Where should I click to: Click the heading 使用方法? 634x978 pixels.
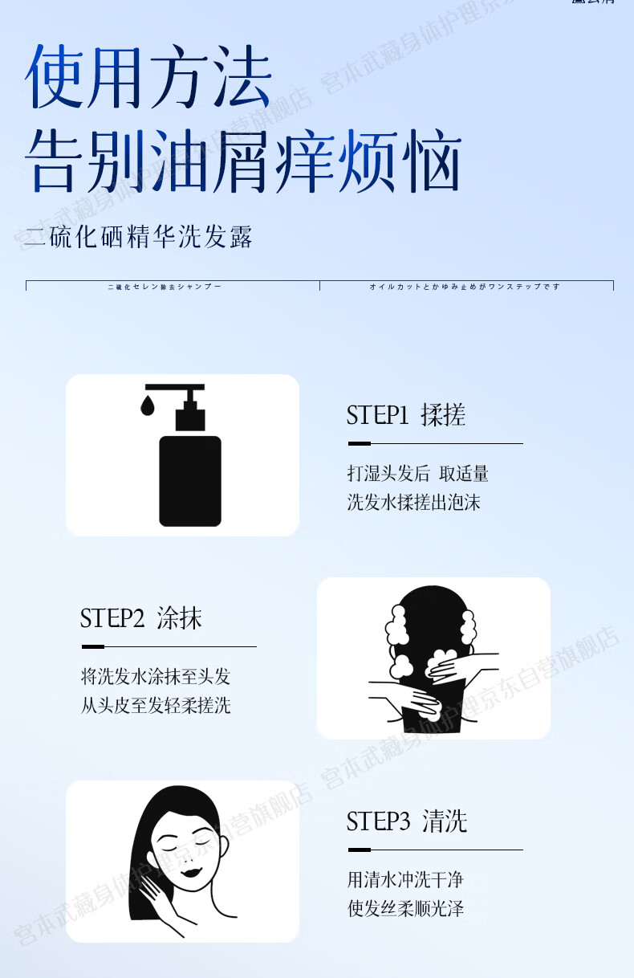tap(149, 78)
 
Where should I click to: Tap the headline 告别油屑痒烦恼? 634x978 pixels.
tap(242, 163)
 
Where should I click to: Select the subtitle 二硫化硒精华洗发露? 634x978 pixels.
tap(139, 237)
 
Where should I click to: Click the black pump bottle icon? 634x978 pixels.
tap(189, 479)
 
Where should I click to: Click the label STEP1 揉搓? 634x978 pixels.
tap(405, 415)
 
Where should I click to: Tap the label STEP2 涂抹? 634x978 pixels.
tap(140, 618)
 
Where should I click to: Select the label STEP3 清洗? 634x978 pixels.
tap(406, 821)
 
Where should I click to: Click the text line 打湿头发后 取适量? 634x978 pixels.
tap(417, 474)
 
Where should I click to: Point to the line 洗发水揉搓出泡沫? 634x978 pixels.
tap(413, 503)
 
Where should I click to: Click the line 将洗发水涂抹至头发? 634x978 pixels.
tap(156, 676)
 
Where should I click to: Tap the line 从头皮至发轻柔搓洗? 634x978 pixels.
tap(156, 706)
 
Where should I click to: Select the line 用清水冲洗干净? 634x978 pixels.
tap(405, 880)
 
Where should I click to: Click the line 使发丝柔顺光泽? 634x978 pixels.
tap(405, 909)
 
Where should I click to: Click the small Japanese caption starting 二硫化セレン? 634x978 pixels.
tap(164, 287)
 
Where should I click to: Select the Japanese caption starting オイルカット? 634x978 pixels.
tap(465, 287)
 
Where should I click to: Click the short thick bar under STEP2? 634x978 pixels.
tap(93, 646)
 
